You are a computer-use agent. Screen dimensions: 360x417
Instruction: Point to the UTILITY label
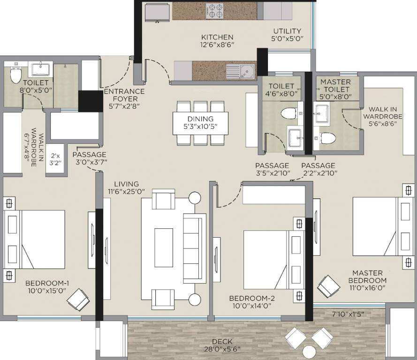click(288, 36)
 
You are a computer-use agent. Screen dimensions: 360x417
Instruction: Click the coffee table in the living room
click(164, 247)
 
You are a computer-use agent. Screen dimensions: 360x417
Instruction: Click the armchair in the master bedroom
click(329, 285)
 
